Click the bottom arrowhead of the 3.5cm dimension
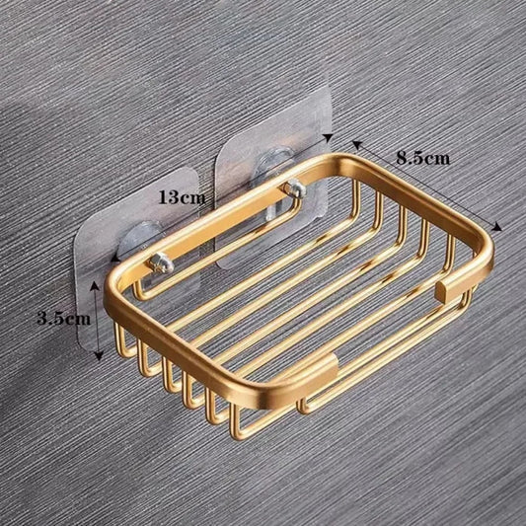coord(96,351)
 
